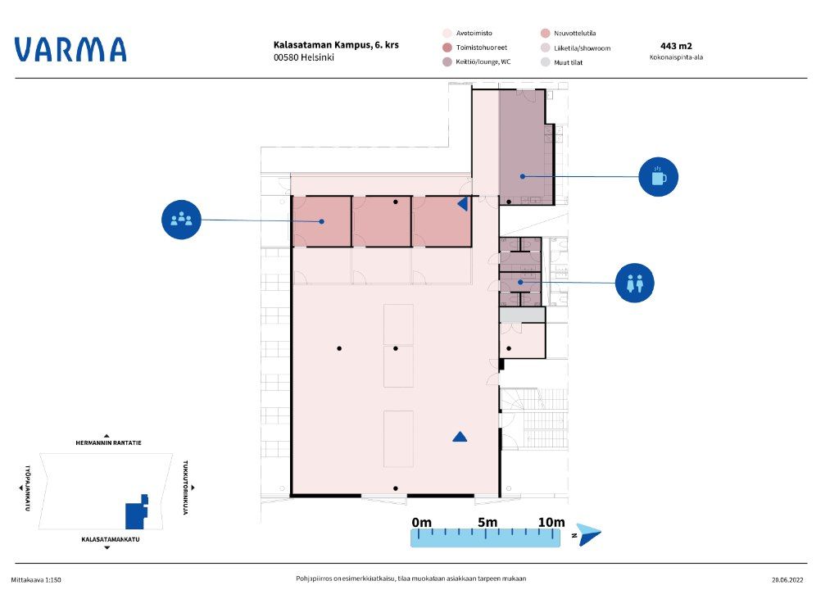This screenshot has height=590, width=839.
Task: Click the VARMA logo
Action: [70, 49]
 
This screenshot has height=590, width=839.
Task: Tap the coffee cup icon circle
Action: [658, 177]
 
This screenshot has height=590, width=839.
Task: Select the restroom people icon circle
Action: [635, 283]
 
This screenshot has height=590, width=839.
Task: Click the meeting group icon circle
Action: [181, 220]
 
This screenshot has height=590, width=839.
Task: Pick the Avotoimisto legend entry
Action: [468, 34]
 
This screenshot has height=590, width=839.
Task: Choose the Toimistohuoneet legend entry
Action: [475, 48]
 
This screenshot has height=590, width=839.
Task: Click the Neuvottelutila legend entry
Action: [569, 34]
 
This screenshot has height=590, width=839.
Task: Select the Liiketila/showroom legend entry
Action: [576, 48]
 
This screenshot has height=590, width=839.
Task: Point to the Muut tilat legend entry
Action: [562, 62]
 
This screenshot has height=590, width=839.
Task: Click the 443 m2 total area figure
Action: [676, 46]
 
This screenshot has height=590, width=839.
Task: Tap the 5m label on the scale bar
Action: [488, 522]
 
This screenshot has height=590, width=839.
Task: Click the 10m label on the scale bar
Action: [551, 522]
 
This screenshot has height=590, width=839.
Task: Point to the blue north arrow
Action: [588, 534]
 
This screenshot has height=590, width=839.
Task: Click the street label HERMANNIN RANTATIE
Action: [109, 442]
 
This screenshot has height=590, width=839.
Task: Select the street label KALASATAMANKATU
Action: [111, 539]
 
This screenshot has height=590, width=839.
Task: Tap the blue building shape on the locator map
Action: [137, 512]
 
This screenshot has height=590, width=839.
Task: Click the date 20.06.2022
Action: [787, 579]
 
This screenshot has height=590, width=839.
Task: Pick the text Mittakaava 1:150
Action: [36, 580]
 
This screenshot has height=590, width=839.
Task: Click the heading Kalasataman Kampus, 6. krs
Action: [336, 45]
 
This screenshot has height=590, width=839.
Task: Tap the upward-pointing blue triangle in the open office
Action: [460, 437]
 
